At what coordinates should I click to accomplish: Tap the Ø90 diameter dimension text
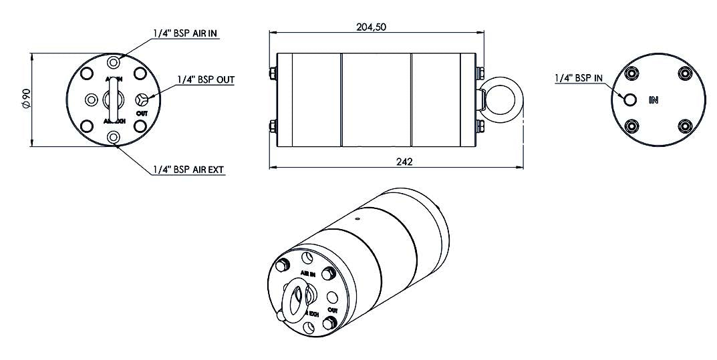pyautogui.click(x=26, y=99)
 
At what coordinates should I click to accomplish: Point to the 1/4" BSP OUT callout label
pyautogui.click(x=205, y=79)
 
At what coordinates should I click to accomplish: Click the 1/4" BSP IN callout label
pyautogui.click(x=579, y=77)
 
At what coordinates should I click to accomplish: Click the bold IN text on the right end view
pyautogui.click(x=654, y=100)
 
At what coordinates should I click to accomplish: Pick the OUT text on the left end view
pyautogui.click(x=142, y=114)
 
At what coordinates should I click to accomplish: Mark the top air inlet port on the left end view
pyautogui.click(x=114, y=62)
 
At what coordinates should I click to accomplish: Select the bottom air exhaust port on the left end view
pyautogui.click(x=114, y=138)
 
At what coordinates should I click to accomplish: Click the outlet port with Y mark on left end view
pyautogui.click(x=141, y=100)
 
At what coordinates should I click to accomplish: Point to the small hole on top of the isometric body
pyautogui.click(x=357, y=218)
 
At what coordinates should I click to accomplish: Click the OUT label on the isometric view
pyautogui.click(x=332, y=311)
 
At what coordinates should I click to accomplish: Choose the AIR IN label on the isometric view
pyautogui.click(x=307, y=274)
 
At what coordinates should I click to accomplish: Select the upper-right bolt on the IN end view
pyautogui.click(x=684, y=73)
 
